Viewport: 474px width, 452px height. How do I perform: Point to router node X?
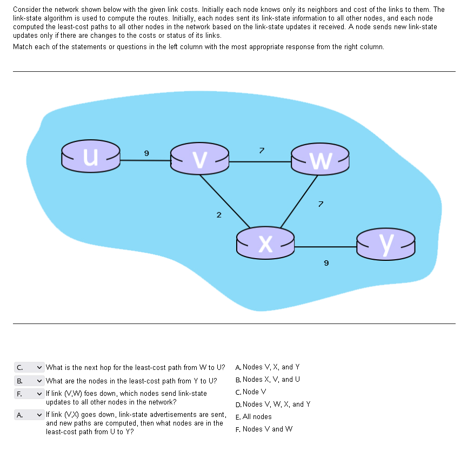[265, 242]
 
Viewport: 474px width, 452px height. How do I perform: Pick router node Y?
[386, 244]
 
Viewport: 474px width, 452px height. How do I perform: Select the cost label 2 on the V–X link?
[218, 215]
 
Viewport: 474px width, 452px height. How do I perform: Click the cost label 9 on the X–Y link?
[325, 264]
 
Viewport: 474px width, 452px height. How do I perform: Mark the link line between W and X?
[299, 200]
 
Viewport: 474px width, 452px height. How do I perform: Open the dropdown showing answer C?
[29, 368]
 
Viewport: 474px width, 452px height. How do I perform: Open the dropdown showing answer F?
[29, 394]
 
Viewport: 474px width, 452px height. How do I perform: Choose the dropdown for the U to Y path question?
[29, 415]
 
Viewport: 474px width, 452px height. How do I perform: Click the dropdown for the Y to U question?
[29, 380]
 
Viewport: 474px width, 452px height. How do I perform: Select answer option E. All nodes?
[253, 416]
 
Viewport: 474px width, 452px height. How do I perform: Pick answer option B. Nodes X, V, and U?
[268, 379]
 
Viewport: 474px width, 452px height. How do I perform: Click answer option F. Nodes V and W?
[264, 429]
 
